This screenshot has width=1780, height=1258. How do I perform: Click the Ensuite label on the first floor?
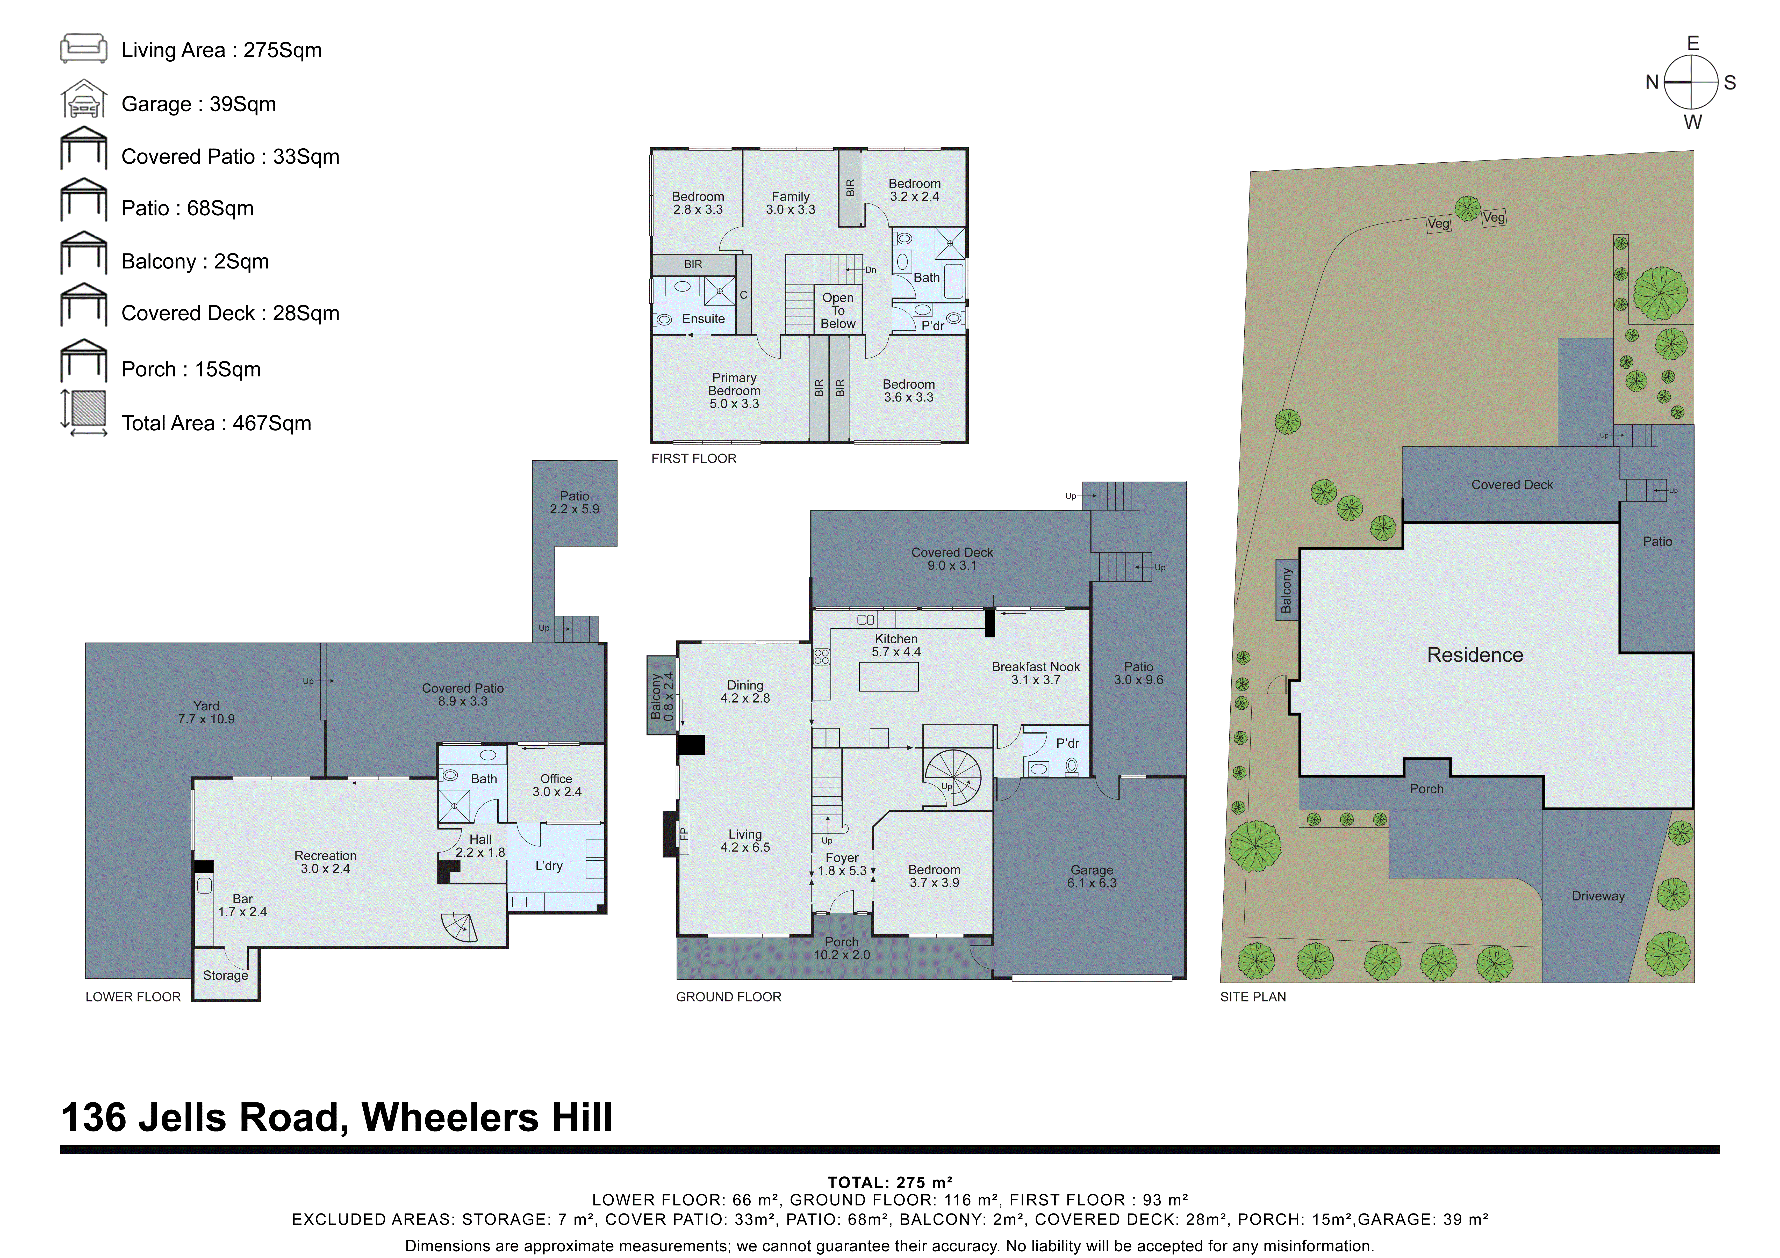703,318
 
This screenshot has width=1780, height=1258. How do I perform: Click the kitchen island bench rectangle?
888,677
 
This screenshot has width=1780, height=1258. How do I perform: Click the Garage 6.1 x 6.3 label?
1092,877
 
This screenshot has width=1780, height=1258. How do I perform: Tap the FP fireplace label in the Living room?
683,834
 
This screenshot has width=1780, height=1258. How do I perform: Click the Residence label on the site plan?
1475,655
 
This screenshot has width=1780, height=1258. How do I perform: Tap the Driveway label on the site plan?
1598,896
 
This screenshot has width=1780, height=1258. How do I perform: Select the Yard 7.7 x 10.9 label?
206,712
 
